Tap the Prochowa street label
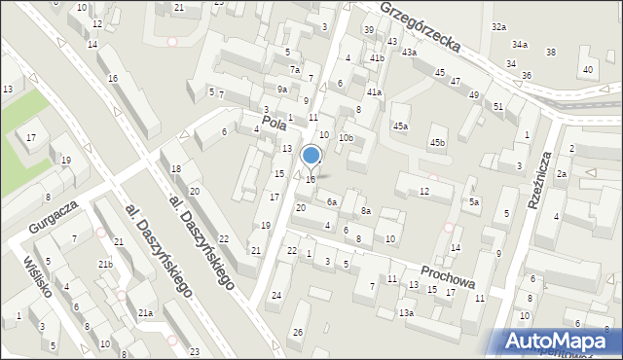(x=448, y=273)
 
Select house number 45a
(x=401, y=126)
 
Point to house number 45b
(x=438, y=143)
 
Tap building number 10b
(x=346, y=138)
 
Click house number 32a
(x=499, y=26)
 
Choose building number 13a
(x=406, y=312)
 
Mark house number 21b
(x=105, y=265)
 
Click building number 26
(x=298, y=333)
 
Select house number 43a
(x=410, y=53)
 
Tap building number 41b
(x=377, y=59)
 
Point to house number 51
(x=497, y=106)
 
